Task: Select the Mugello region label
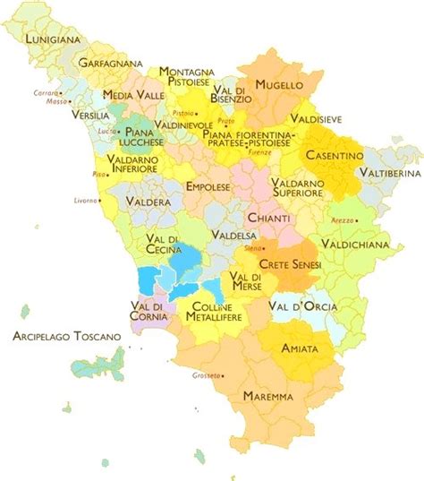[x=279, y=85]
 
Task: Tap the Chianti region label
[x=269, y=219]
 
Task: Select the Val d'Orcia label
[x=302, y=306]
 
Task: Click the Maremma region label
[x=268, y=395]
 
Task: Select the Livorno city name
[x=86, y=201]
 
